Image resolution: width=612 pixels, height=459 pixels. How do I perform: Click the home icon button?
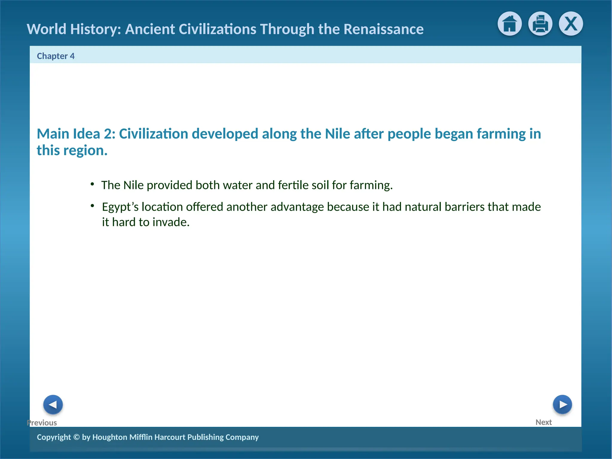point(510,24)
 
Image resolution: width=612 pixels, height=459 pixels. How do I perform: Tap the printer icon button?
point(540,24)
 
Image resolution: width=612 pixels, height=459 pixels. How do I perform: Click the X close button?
point(571,24)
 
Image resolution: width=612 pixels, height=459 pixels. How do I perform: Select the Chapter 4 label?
point(56,56)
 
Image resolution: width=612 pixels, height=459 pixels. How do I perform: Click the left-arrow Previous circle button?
point(53,405)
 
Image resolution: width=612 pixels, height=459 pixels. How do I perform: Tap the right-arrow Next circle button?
point(562,405)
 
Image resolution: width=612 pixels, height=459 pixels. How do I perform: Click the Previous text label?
point(42,423)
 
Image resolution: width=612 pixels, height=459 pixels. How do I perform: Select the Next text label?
point(544,422)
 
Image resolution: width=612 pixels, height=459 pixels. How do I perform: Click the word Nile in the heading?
point(337,134)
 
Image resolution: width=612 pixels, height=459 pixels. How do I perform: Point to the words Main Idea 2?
point(76,134)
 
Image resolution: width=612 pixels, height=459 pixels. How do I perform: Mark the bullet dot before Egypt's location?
point(93,206)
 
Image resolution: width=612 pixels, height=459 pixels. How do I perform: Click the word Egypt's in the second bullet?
point(120,207)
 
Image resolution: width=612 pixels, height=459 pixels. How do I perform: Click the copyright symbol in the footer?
point(76,437)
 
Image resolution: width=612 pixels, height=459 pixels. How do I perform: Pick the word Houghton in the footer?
point(110,437)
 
